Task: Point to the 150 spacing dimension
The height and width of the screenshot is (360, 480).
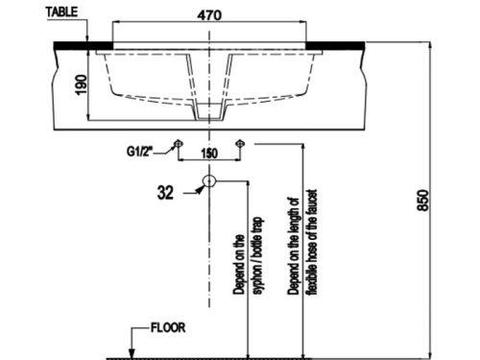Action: [209, 154]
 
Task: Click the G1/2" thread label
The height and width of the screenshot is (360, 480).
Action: [141, 151]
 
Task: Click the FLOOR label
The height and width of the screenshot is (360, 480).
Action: [168, 327]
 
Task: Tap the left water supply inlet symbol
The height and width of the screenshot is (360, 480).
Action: [178, 145]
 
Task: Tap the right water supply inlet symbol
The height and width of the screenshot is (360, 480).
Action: [240, 145]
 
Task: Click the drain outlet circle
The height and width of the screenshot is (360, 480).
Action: [209, 180]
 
